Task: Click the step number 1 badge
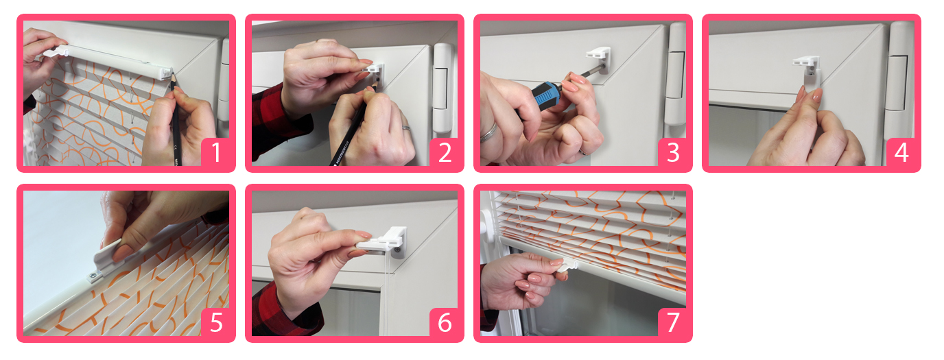(216, 152)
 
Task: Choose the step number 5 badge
(216, 322)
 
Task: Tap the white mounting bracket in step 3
(599, 59)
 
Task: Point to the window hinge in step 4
(900, 80)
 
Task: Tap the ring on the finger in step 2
(406, 128)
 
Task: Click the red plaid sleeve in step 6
(287, 309)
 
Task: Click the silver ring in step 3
(490, 132)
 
